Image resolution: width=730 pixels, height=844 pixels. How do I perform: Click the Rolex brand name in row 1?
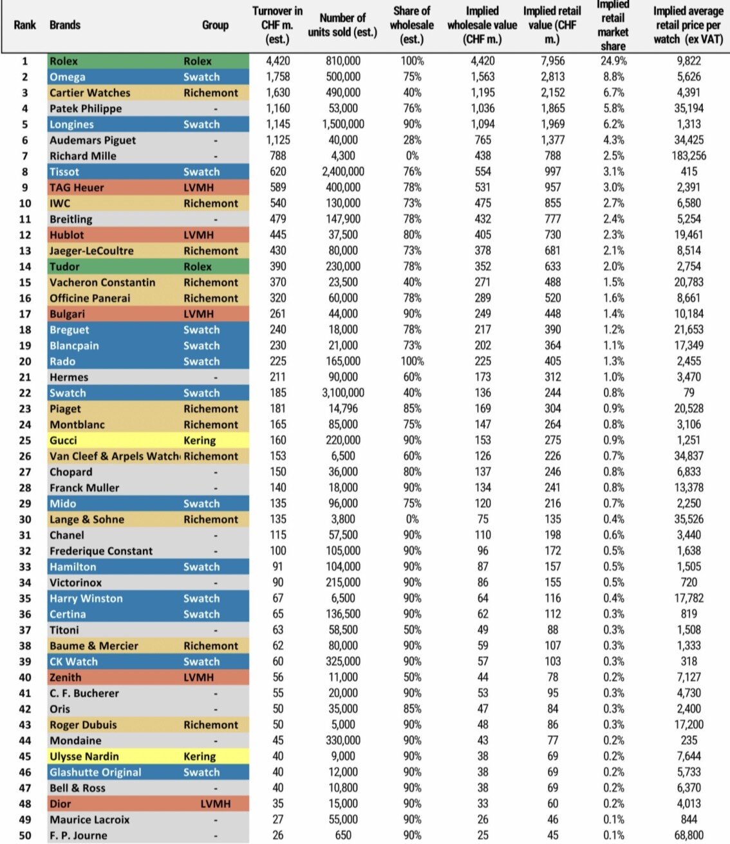[x=64, y=61]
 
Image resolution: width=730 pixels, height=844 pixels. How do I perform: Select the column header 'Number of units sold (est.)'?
[x=342, y=25]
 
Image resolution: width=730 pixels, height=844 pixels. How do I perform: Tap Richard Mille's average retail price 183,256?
[x=688, y=156]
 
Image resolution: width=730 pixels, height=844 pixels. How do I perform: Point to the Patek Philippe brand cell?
[x=86, y=109]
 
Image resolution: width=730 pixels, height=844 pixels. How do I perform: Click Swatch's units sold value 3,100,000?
[x=342, y=393]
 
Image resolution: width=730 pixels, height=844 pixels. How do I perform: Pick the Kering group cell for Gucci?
[x=200, y=440]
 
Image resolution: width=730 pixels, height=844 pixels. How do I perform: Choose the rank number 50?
[x=25, y=836]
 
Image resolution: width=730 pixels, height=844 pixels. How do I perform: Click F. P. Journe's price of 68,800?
[x=688, y=836]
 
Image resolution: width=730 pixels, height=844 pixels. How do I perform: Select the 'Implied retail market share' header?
[x=613, y=25]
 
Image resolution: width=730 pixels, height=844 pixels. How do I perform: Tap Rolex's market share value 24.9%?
[x=613, y=61]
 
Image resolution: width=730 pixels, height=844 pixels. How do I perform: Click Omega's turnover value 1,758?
[x=278, y=77]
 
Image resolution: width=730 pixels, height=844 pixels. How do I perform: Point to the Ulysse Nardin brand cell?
[x=84, y=756]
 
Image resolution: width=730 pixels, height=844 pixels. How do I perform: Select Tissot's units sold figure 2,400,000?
[x=342, y=172]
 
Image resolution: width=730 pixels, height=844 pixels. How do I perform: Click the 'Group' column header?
[x=215, y=25]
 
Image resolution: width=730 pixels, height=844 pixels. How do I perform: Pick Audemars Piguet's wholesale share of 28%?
[x=412, y=140]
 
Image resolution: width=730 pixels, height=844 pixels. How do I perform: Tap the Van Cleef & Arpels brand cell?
[x=114, y=456]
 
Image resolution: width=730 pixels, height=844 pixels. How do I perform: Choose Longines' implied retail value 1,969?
[x=552, y=124]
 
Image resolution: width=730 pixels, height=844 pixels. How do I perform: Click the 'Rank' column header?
[x=25, y=25]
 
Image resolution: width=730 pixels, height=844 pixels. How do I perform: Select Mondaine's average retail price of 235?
[x=688, y=740]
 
